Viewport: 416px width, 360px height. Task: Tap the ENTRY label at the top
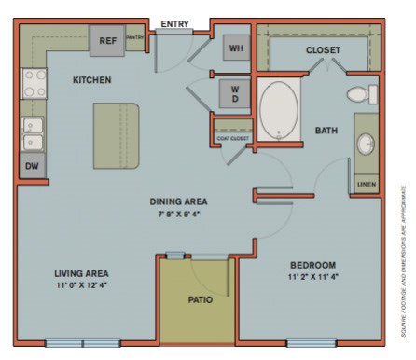point(175,23)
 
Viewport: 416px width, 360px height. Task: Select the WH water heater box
point(235,49)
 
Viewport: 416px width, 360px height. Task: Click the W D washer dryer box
point(235,93)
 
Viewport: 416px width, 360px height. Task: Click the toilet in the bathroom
point(361,93)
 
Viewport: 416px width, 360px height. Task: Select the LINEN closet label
point(367,185)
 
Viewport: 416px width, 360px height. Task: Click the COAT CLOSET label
point(233,138)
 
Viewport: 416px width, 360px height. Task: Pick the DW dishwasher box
point(32,166)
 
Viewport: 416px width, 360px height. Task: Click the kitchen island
point(116,135)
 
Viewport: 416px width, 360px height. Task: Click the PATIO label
point(200,299)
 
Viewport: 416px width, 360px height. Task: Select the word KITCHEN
point(92,80)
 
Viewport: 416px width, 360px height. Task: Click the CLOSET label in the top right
point(323,49)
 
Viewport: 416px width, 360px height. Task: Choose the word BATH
point(326,130)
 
